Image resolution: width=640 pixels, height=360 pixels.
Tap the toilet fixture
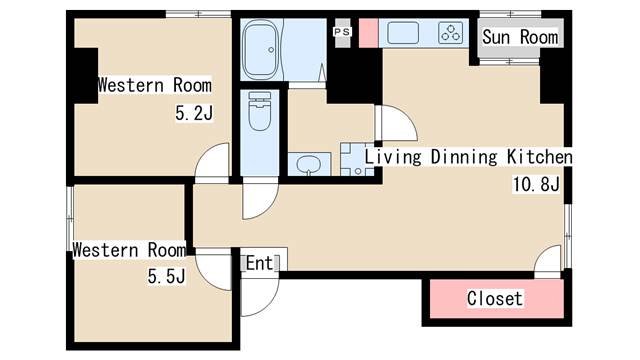pos(260,111)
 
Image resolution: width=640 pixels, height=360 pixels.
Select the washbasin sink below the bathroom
pos(309,164)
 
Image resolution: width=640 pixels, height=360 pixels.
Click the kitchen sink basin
pos(403,33)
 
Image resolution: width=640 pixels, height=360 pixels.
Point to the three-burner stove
pos(451,33)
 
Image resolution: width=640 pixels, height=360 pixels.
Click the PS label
pos(342,31)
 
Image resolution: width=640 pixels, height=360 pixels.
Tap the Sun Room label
pos(520,37)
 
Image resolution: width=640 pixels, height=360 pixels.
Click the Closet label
pos(495,298)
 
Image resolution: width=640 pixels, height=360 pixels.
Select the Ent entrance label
pos(260,263)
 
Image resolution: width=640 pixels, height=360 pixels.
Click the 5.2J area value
pos(194,113)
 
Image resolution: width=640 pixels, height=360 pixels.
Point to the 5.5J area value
pos(166,276)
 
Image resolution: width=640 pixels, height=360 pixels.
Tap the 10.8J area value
pos(536,184)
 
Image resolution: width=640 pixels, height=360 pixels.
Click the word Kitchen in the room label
pos(540,157)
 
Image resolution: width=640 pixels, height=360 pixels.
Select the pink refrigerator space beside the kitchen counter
pos(368,33)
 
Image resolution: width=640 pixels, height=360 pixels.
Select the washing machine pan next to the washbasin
pos(357,160)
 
